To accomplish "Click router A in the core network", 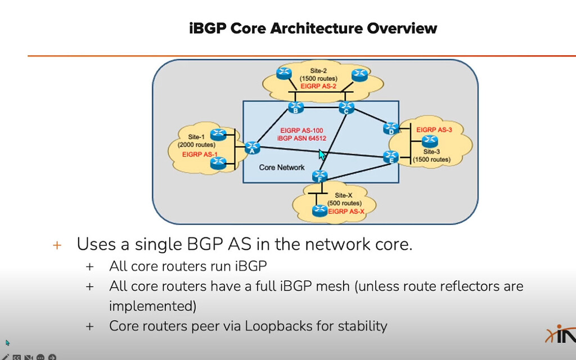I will (251, 147).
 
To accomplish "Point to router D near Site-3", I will (390, 128).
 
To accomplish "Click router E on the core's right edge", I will (390, 156).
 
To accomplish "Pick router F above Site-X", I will (320, 176).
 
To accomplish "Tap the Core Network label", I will (282, 167).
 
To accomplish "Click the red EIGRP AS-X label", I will (347, 212).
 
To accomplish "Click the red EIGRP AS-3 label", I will (434, 129).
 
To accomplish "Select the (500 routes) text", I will (344, 203).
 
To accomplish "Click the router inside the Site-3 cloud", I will (431, 140).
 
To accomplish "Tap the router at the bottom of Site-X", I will (319, 211).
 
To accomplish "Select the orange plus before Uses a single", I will (56, 245).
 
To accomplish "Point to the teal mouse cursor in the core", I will (322, 155).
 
